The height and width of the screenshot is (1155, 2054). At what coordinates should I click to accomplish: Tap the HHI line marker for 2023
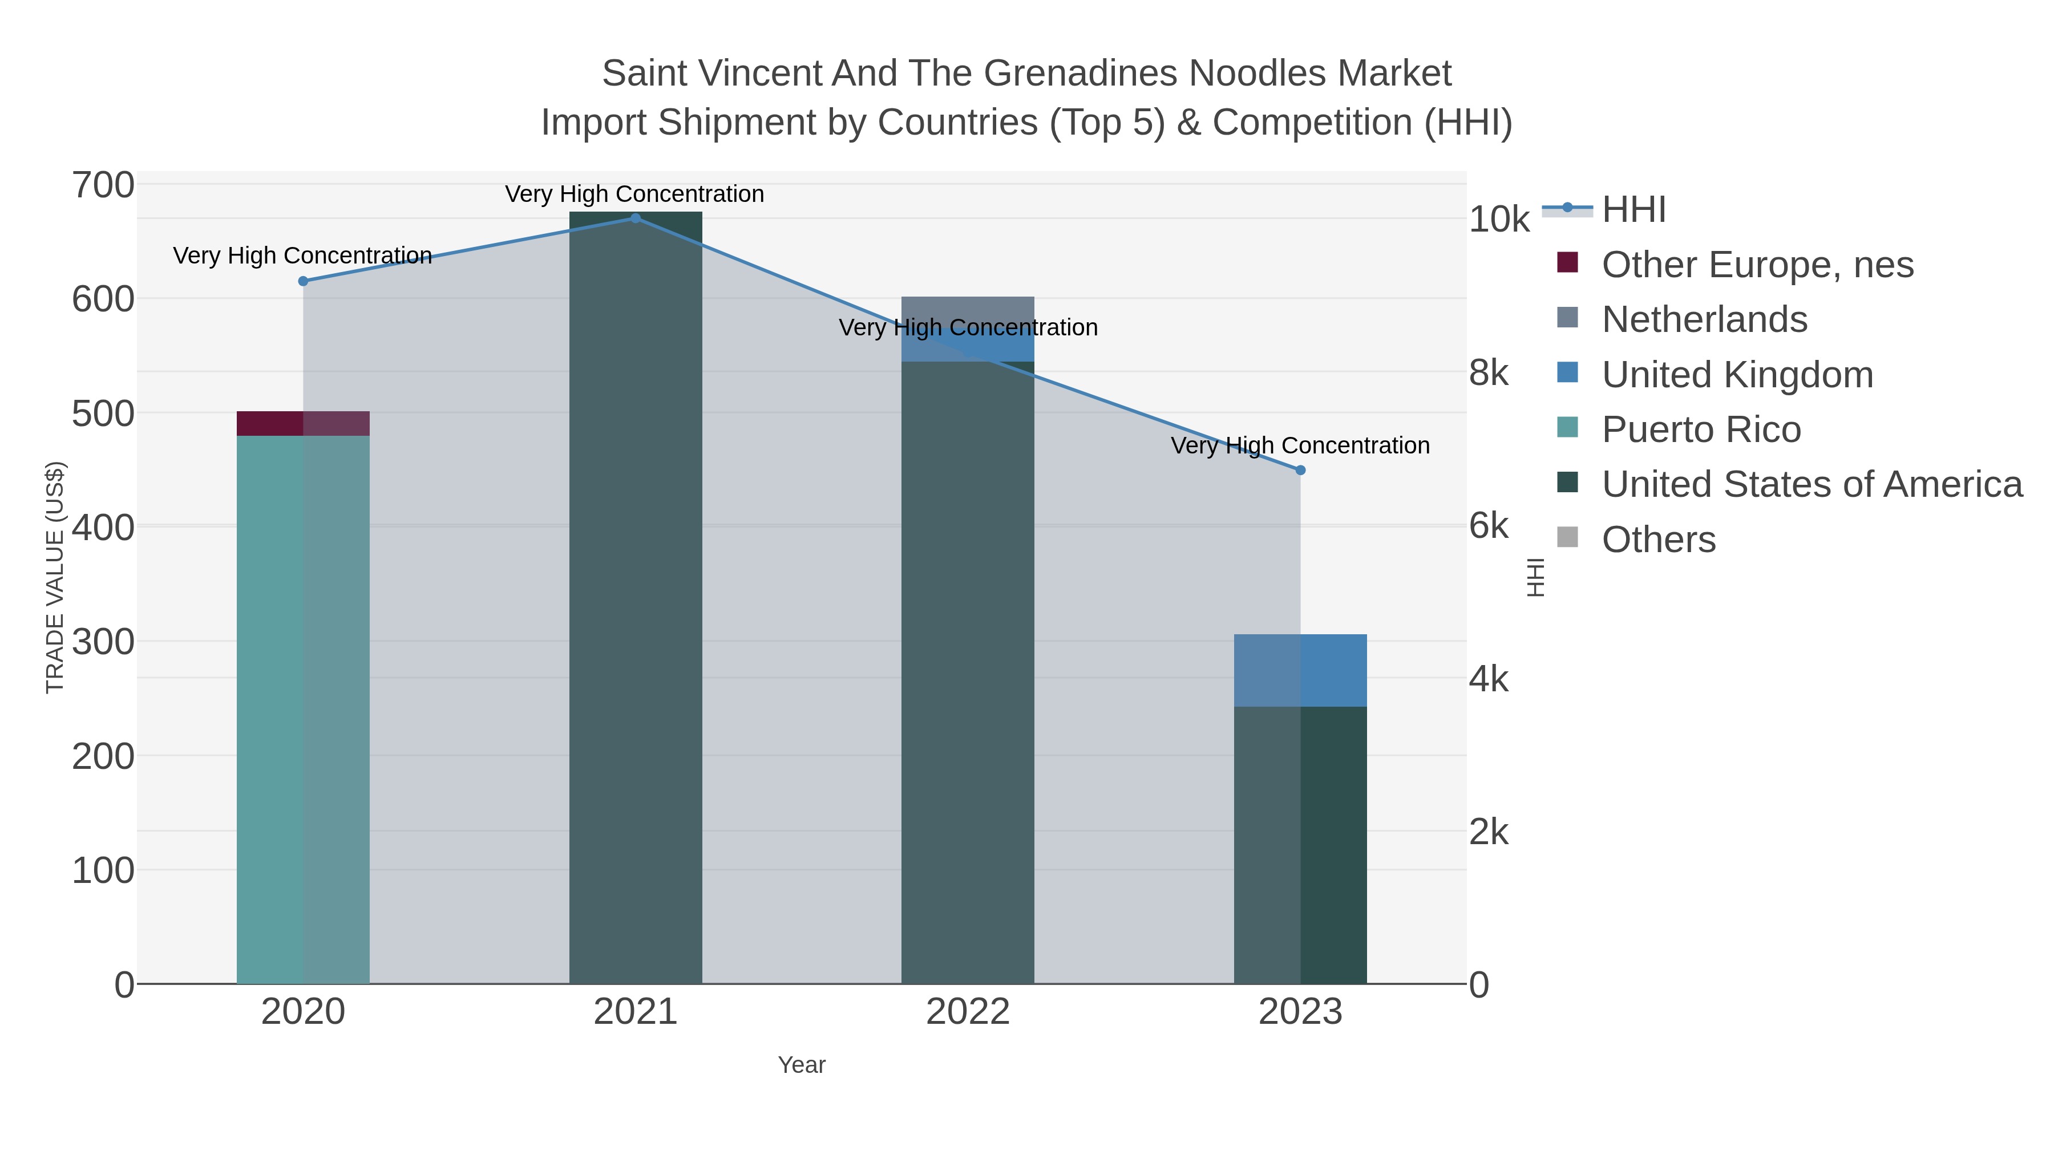pyautogui.click(x=1300, y=471)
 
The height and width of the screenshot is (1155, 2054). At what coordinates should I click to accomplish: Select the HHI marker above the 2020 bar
pyautogui.click(x=303, y=281)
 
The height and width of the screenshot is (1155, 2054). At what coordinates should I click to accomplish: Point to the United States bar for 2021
pyautogui.click(x=636, y=598)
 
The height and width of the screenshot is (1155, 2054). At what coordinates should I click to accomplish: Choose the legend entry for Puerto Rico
pyautogui.click(x=1701, y=429)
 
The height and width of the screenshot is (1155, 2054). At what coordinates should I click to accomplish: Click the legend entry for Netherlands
pyautogui.click(x=1704, y=319)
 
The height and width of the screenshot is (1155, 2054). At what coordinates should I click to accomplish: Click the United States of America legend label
pyautogui.click(x=1812, y=485)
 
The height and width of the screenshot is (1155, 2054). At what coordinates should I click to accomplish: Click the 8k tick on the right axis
pyautogui.click(x=1489, y=372)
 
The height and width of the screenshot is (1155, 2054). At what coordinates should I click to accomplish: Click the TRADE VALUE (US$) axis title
pyautogui.click(x=54, y=577)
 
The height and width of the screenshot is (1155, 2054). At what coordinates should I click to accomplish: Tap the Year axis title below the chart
pyautogui.click(x=802, y=1065)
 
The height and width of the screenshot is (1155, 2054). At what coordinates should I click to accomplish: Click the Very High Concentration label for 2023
pyautogui.click(x=1300, y=445)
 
